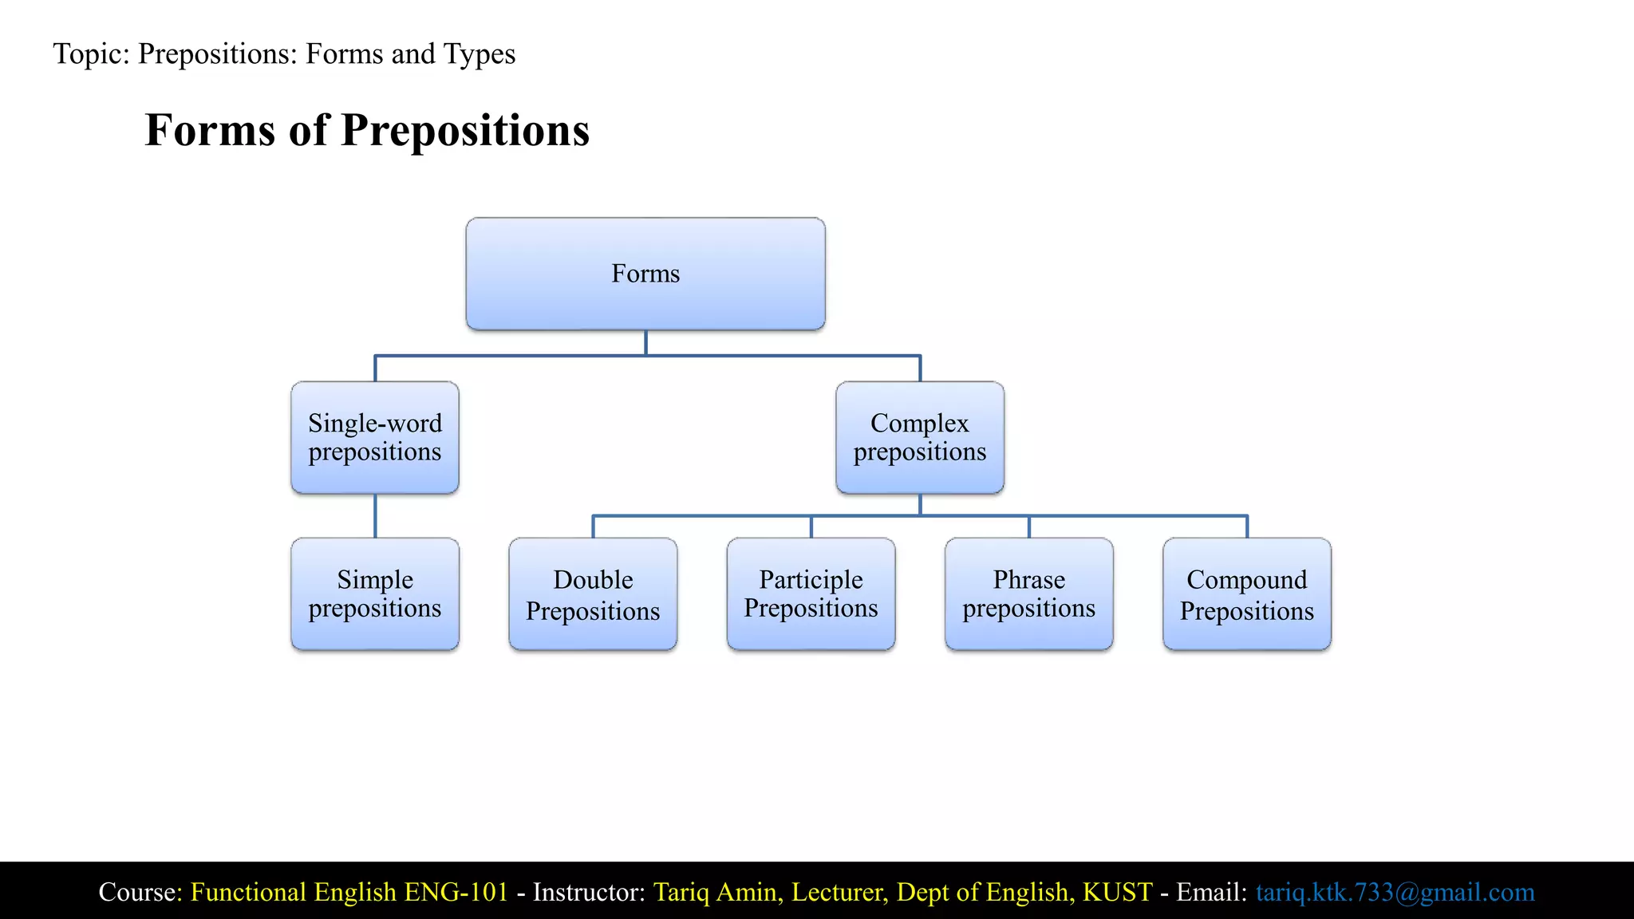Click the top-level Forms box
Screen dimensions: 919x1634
click(645, 274)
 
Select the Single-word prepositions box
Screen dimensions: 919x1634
click(375, 437)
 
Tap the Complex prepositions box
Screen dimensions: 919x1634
click(919, 437)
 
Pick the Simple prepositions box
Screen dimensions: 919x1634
click(375, 594)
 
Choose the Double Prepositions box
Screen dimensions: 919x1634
click(593, 594)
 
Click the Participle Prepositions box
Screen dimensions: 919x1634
click(811, 594)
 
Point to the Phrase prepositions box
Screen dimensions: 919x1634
click(1028, 594)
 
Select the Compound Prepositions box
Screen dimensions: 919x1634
click(1246, 594)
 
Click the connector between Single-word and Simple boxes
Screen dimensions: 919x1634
click(375, 515)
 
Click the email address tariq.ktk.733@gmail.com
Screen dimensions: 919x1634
click(1395, 892)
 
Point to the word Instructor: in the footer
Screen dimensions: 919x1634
click(589, 892)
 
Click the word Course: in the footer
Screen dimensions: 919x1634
click(140, 892)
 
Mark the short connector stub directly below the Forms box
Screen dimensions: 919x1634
click(645, 342)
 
